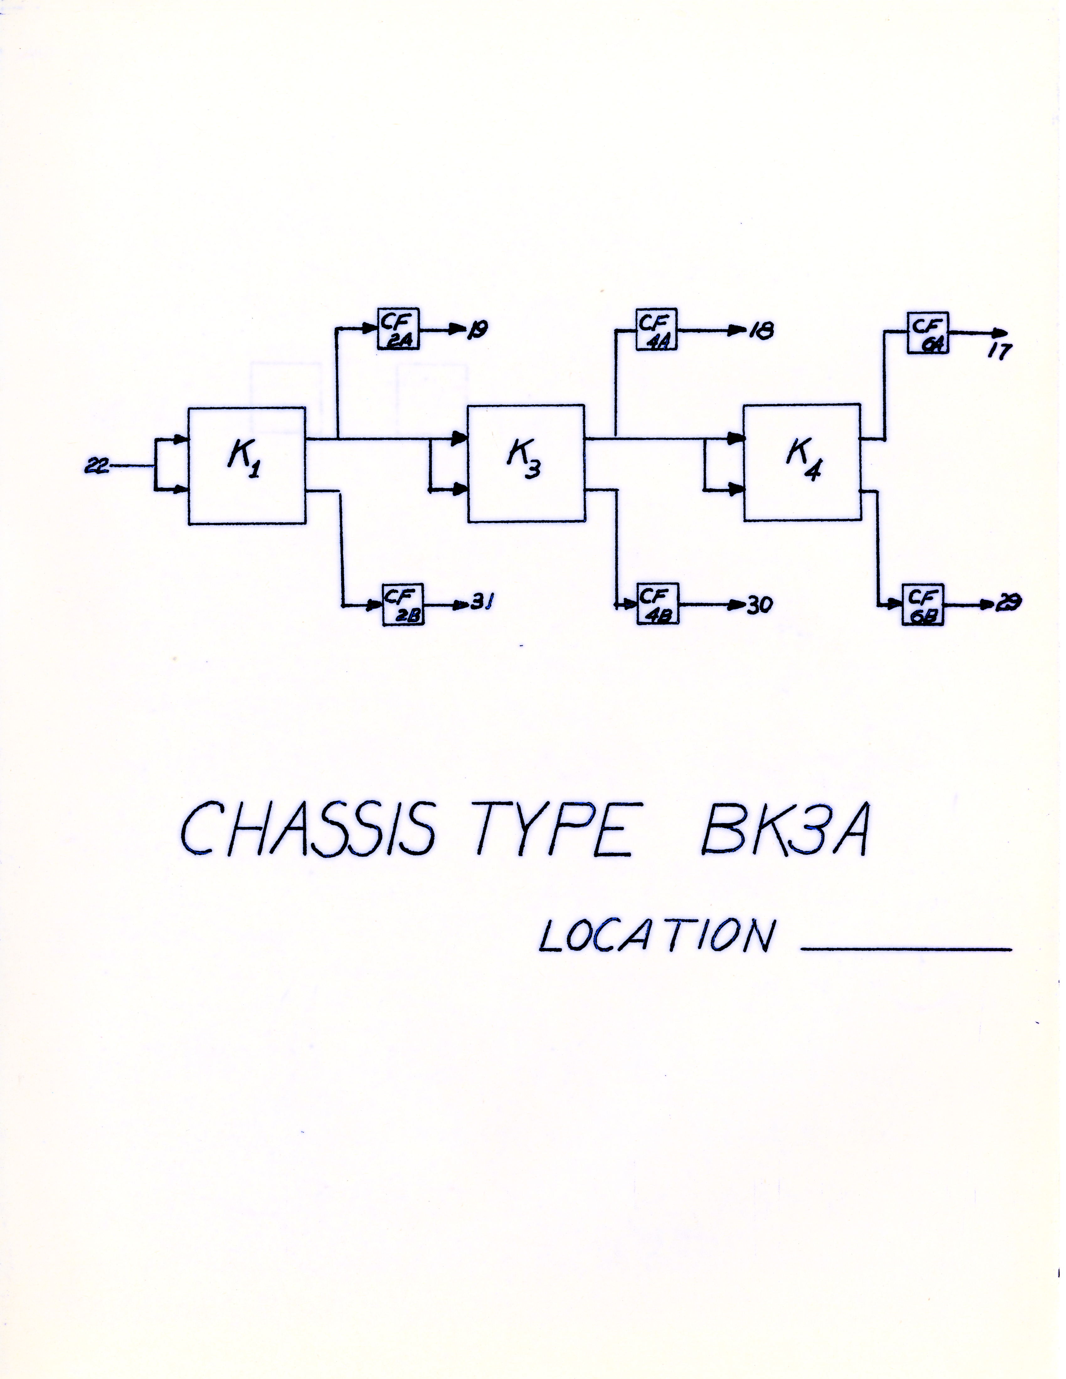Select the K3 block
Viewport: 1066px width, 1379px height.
click(x=525, y=463)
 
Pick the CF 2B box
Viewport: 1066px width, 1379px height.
click(x=403, y=604)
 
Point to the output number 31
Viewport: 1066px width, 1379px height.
click(x=482, y=604)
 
